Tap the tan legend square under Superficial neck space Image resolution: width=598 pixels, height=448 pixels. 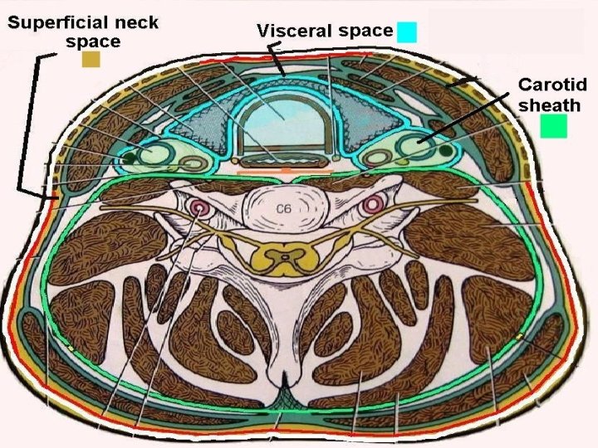pos(91,60)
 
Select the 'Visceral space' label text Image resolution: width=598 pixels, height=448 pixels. pos(325,32)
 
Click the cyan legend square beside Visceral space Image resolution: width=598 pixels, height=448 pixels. pos(407,32)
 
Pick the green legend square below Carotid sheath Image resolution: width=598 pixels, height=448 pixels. pos(553,126)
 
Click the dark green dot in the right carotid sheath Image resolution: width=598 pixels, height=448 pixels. pos(449,151)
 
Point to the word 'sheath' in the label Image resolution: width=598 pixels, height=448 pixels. pos(549,105)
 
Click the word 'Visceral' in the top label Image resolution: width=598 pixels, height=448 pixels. pos(292,32)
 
